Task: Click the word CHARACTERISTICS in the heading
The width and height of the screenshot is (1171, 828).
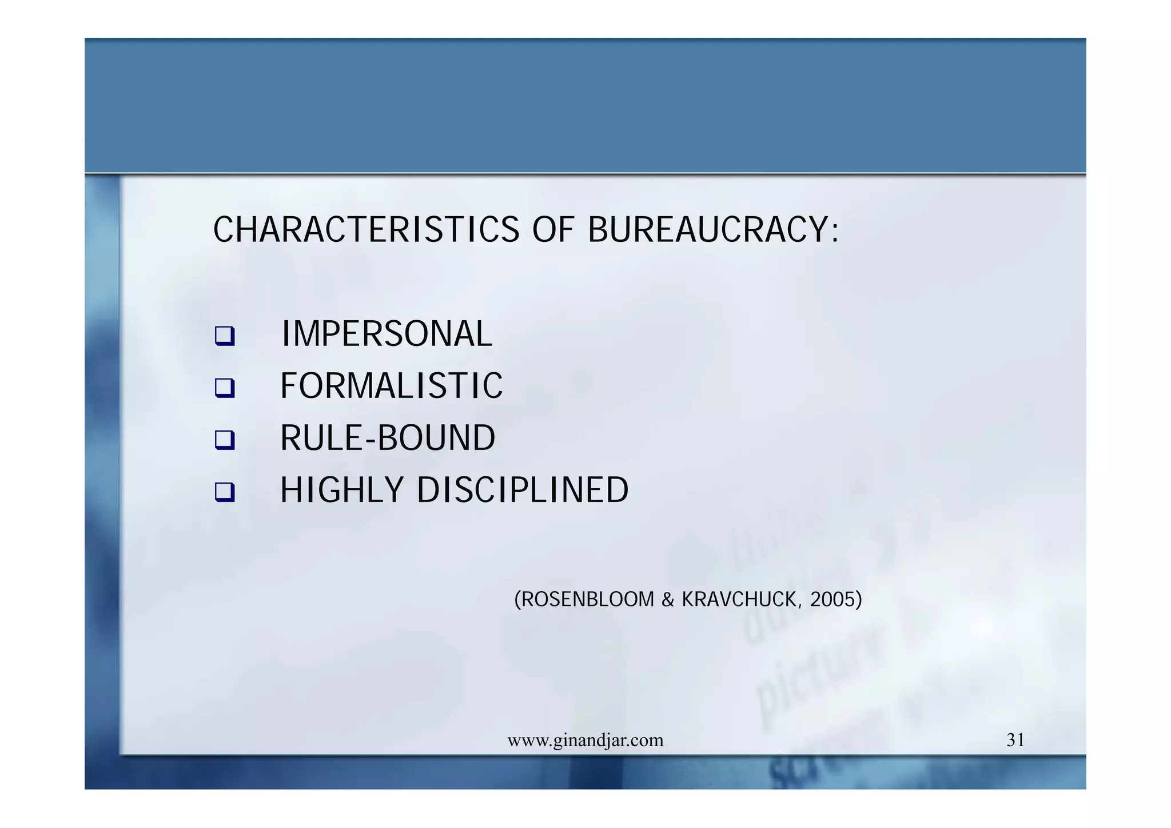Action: (x=366, y=230)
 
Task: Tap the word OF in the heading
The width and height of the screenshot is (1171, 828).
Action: (x=553, y=230)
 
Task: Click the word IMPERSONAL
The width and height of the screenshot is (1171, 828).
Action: (x=387, y=334)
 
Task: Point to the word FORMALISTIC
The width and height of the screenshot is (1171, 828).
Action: (x=391, y=386)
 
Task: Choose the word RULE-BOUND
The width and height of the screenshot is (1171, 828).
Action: (x=388, y=438)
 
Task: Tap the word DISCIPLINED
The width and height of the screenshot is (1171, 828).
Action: (x=523, y=490)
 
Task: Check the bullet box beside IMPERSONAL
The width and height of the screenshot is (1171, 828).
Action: (x=225, y=336)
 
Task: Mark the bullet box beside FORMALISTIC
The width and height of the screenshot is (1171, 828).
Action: (x=225, y=388)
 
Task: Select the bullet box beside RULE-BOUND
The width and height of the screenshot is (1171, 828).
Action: (x=225, y=440)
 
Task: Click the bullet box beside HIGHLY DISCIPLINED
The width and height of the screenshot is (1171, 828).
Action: (x=225, y=492)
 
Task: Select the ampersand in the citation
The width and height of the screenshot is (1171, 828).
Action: (x=668, y=600)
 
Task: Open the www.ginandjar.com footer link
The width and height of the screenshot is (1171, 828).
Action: (x=585, y=740)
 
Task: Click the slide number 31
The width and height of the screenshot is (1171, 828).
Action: (x=1015, y=740)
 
